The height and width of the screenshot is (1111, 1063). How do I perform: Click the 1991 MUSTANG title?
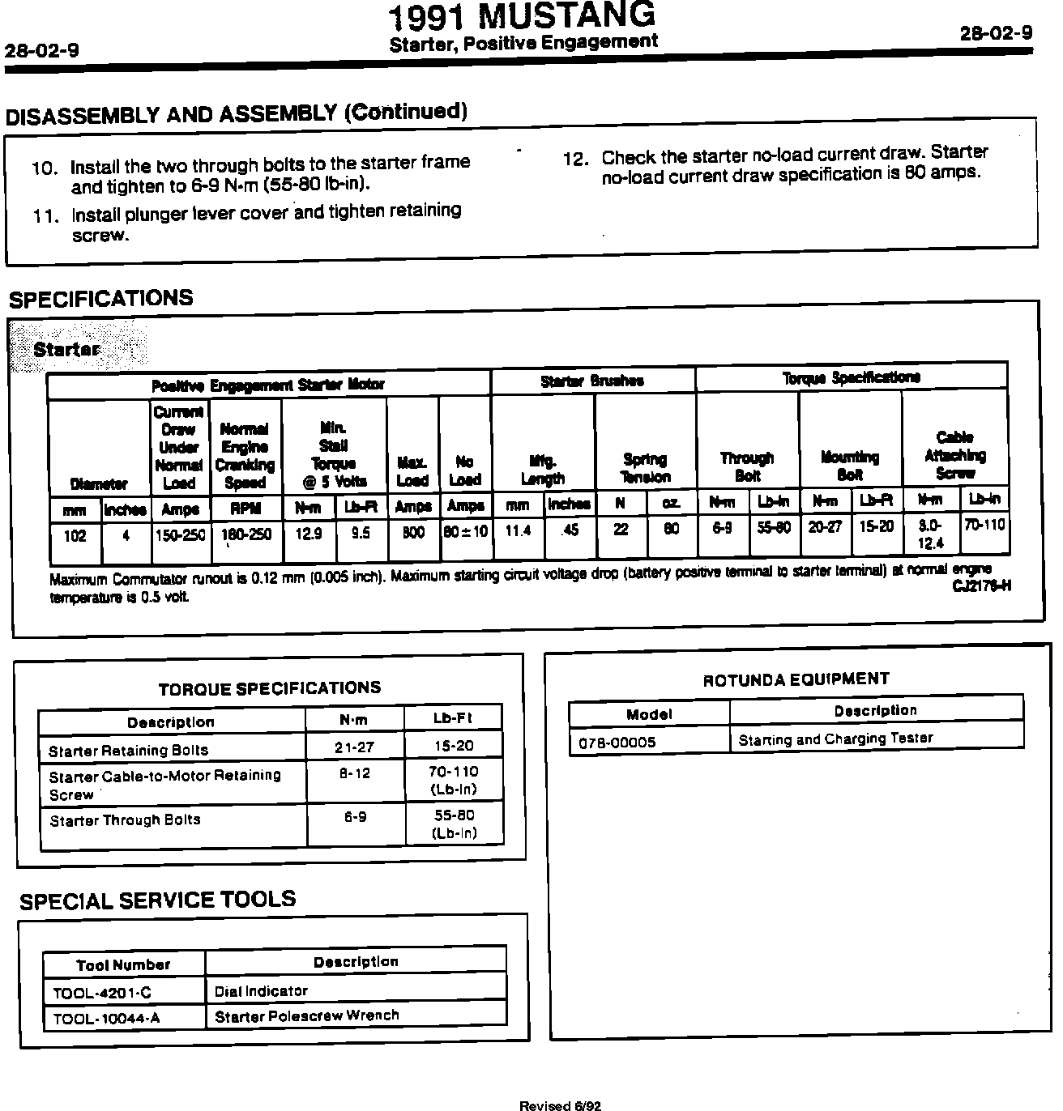click(x=522, y=16)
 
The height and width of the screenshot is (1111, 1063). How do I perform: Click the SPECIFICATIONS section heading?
click(x=101, y=299)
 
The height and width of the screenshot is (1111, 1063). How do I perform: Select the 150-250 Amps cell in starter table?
click(x=180, y=535)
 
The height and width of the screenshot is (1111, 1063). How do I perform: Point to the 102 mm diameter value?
click(x=75, y=536)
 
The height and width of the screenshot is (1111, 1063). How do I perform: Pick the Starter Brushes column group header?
click(x=592, y=381)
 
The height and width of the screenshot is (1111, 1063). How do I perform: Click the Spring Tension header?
click(x=645, y=468)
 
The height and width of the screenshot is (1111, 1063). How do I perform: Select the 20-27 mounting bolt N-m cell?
click(x=825, y=526)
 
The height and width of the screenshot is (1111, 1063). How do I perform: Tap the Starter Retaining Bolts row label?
click(x=128, y=751)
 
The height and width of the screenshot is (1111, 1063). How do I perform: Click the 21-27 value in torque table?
click(x=355, y=747)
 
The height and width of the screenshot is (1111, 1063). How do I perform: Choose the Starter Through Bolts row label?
click(x=125, y=820)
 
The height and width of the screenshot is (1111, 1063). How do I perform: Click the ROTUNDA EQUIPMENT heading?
click(x=796, y=679)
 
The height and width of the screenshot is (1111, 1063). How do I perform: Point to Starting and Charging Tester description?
click(x=835, y=739)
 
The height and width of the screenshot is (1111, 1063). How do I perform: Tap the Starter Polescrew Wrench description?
click(x=307, y=1015)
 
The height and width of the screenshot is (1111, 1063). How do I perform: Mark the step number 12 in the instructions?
click(x=574, y=160)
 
